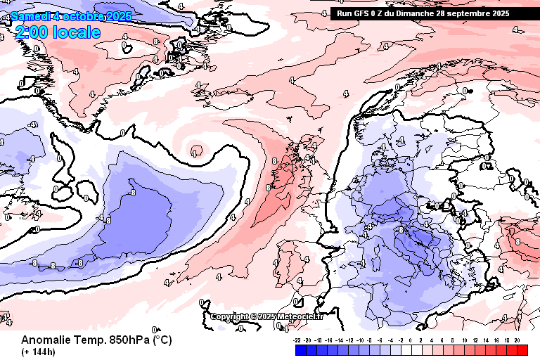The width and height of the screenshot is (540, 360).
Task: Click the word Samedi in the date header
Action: tap(29, 15)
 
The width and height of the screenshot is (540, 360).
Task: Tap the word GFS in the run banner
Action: tap(365, 13)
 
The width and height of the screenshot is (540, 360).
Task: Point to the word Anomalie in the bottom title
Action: tap(45, 340)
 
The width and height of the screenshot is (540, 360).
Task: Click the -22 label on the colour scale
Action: tap(298, 339)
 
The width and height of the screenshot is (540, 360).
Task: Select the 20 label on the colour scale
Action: tap(517, 339)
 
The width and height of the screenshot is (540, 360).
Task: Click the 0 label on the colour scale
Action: tap(412, 339)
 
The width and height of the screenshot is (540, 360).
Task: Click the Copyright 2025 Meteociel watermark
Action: tap(267, 316)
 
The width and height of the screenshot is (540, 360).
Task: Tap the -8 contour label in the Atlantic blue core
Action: tap(131, 192)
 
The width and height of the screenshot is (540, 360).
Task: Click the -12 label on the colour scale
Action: tap(350, 339)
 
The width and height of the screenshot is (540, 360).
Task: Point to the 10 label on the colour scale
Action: tap(465, 339)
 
